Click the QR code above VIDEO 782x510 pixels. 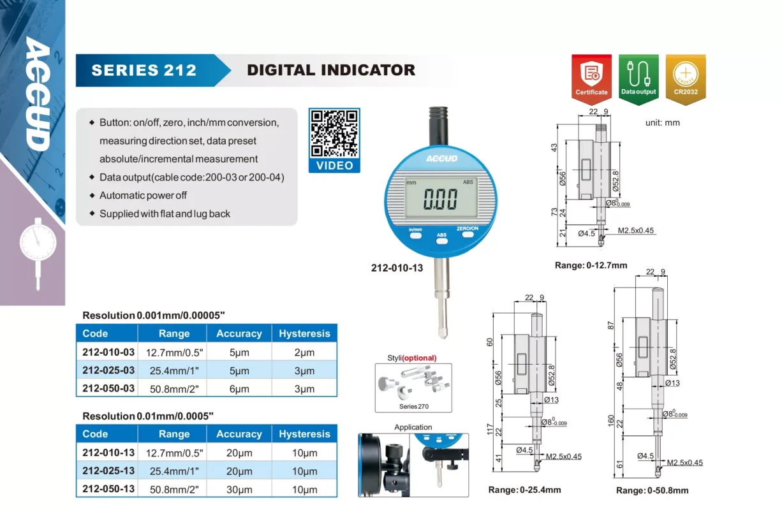pyautogui.click(x=334, y=134)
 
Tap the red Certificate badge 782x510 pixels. pyautogui.click(x=591, y=79)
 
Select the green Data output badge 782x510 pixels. pyautogui.click(x=638, y=79)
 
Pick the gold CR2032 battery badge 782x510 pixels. pyautogui.click(x=686, y=79)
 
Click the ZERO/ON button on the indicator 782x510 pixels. pyautogui.click(x=468, y=235)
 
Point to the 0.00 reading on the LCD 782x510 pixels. pyautogui.click(x=440, y=199)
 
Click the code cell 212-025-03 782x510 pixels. pyautogui.click(x=108, y=370)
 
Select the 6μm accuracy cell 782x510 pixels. pyautogui.click(x=239, y=389)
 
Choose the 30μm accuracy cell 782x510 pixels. pyautogui.click(x=239, y=490)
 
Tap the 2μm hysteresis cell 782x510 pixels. pyautogui.click(x=304, y=353)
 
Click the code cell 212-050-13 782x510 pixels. pyautogui.click(x=108, y=489)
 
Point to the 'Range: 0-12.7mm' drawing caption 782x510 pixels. pyautogui.click(x=591, y=265)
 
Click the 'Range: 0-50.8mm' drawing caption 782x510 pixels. pyautogui.click(x=652, y=490)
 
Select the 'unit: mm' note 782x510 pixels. pyautogui.click(x=662, y=123)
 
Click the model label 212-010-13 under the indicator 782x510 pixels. pyautogui.click(x=397, y=268)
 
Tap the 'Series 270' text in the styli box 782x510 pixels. pyautogui.click(x=414, y=406)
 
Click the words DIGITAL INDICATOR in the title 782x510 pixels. pyautogui.click(x=331, y=70)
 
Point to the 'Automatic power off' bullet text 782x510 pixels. pyautogui.click(x=143, y=195)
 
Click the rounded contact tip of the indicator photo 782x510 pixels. pyautogui.click(x=443, y=333)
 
